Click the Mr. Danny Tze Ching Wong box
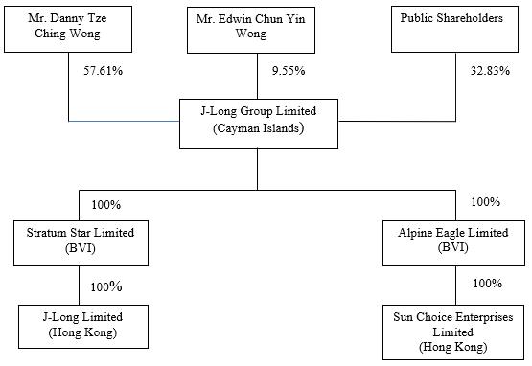pos(68,29)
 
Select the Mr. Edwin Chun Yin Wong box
pos(251,31)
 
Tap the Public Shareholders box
pos(454,29)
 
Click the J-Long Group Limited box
pos(259,124)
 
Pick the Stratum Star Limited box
pos(81,243)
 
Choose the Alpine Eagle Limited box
pos(453,243)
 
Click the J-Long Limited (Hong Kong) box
pos(83,327)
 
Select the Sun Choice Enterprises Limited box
pos(453,332)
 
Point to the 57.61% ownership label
pos(104,71)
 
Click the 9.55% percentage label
pos(289,71)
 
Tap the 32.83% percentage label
pos(490,71)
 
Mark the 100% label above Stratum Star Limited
pos(105,205)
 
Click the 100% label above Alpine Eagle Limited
pos(486,202)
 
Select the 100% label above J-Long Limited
pos(105,287)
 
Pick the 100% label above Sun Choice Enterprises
pos(488,284)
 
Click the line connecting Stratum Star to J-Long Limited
pos(79,286)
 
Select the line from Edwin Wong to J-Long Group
pos(257,76)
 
